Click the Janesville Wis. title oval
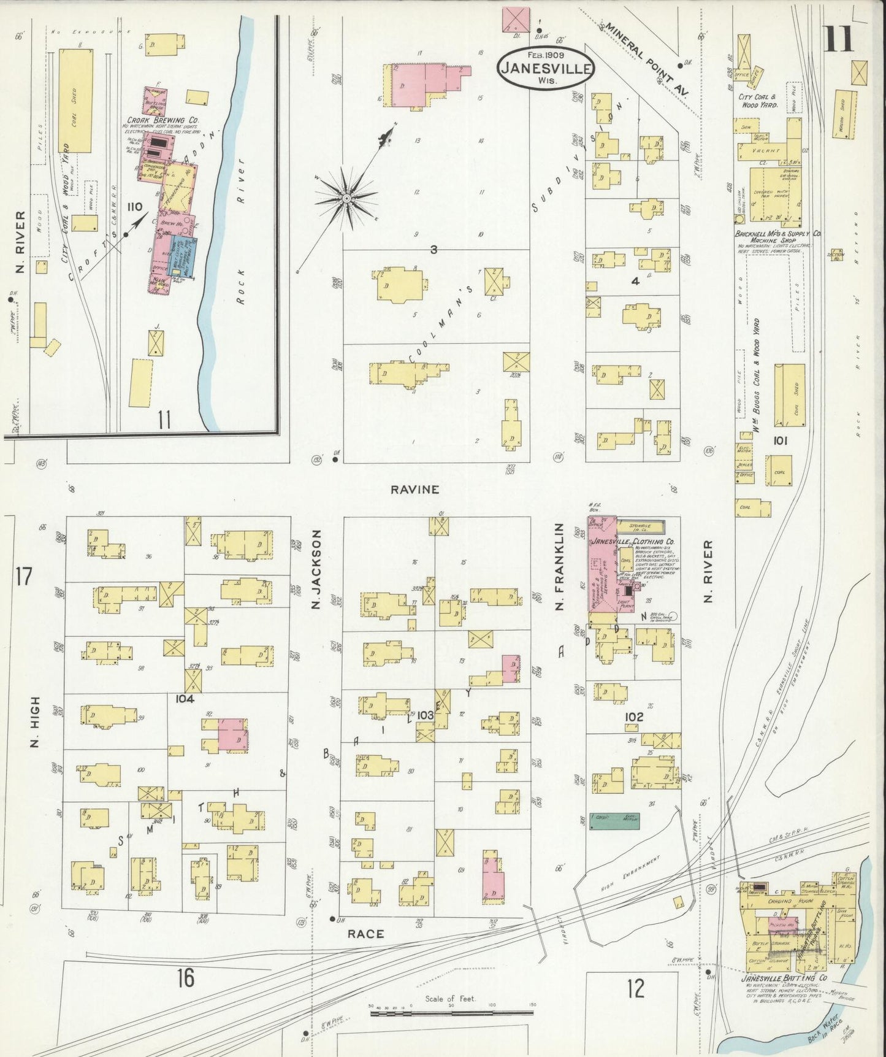(x=546, y=69)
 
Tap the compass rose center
(x=346, y=198)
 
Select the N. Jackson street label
(x=317, y=571)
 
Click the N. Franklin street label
(x=559, y=558)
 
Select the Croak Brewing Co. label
(x=155, y=120)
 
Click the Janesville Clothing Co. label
(x=633, y=542)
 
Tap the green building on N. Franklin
(x=614, y=821)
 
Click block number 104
(x=185, y=699)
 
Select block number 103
(x=426, y=715)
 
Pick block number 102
(x=634, y=717)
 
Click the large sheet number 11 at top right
(x=838, y=39)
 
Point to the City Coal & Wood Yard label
(x=758, y=101)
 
